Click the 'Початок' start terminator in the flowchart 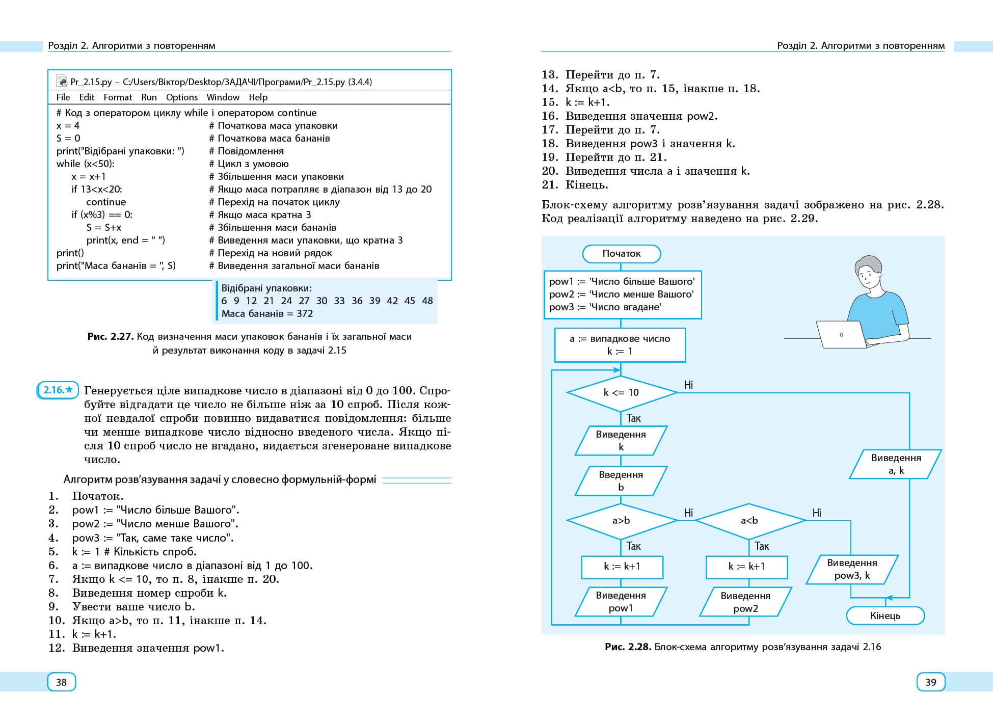[621, 254]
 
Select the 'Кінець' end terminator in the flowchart [885, 616]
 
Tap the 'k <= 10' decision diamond [621, 393]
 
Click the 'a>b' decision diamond [621, 521]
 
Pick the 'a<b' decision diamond [749, 521]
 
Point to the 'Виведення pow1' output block [621, 602]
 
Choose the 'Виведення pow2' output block [745, 602]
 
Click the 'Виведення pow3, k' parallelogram [852, 569]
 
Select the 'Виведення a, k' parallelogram [896, 464]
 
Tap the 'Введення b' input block [621, 481]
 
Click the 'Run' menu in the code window [149, 97]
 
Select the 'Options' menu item [181, 97]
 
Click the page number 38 [61, 682]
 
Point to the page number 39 [930, 682]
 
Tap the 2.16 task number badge [58, 390]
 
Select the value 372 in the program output [305, 314]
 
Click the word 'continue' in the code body [106, 202]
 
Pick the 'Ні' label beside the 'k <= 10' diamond [688, 385]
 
